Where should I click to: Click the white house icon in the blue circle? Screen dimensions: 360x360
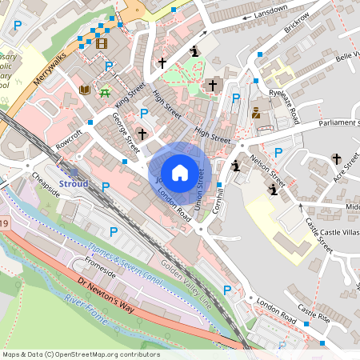coord(180,172)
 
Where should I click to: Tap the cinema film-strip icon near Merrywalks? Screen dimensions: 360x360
coord(100,43)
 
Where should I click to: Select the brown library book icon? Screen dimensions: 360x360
coord(85,90)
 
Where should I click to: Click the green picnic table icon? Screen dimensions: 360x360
coord(105,91)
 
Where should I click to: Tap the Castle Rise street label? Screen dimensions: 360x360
coord(313,310)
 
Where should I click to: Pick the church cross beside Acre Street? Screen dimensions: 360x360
coord(335,158)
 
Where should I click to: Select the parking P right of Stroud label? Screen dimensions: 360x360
coord(106,186)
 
